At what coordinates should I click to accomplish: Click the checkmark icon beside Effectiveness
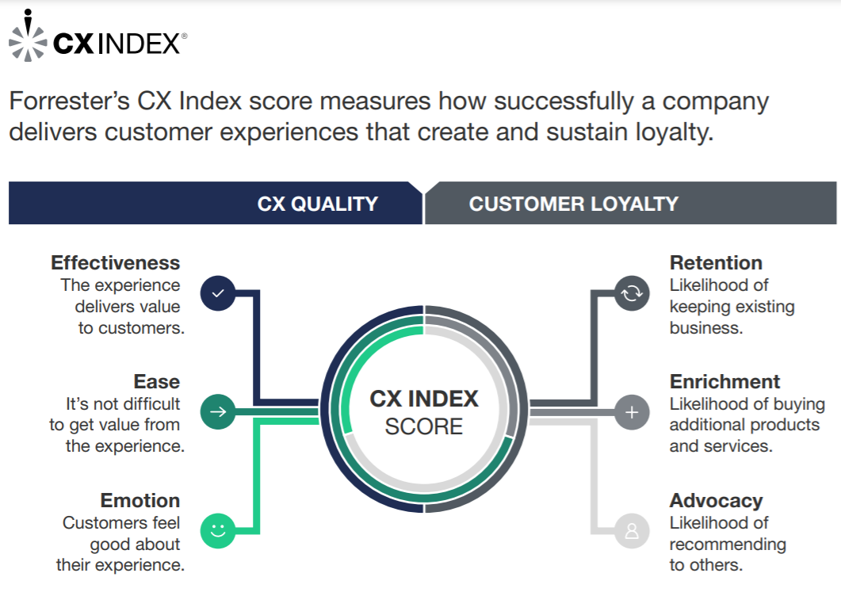[218, 293]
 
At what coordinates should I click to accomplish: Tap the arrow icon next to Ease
[218, 412]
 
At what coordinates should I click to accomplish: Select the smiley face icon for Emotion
[218, 530]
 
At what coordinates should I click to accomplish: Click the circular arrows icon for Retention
[632, 293]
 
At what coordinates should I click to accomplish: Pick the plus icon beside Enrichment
[632, 412]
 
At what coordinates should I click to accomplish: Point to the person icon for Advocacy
[632, 530]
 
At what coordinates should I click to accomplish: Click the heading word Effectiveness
[115, 263]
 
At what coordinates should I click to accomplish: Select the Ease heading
[157, 381]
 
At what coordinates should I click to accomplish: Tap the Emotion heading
[140, 501]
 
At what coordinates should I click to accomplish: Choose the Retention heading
[716, 263]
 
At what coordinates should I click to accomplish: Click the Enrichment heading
[725, 381]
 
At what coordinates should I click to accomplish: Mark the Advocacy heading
[716, 501]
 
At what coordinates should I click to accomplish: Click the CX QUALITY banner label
[318, 204]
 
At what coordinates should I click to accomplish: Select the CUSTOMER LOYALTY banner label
[574, 204]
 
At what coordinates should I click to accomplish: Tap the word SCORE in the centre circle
[424, 426]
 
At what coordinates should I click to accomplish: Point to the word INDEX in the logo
[140, 44]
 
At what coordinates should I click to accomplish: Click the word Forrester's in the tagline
[70, 101]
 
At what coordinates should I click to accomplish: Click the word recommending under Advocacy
[728, 544]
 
